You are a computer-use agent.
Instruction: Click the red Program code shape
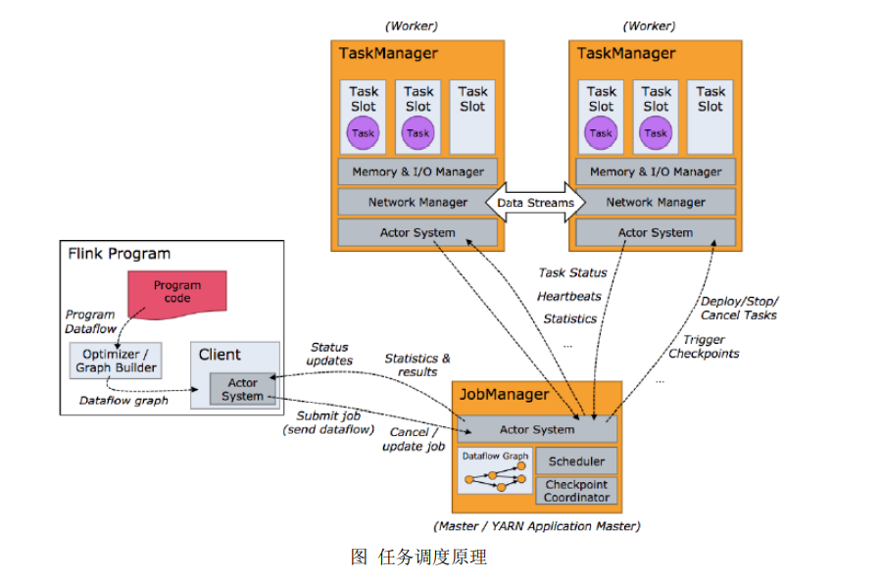pos(177,291)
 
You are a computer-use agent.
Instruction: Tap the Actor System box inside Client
pos(242,389)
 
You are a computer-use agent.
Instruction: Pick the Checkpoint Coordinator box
pos(576,491)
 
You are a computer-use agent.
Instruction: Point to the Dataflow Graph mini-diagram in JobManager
pos(494,471)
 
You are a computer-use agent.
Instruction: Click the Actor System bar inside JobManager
pos(537,429)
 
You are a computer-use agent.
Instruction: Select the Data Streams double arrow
pos(535,203)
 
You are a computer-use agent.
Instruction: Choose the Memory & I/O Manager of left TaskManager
pos(417,171)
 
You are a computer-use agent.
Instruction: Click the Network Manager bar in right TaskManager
pos(655,203)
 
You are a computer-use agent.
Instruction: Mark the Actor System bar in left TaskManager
pos(417,233)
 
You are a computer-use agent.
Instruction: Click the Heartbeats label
pos(569,296)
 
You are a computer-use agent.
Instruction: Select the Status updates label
pos(330,354)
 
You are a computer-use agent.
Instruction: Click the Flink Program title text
pos(119,254)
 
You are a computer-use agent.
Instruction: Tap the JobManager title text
pos(501,395)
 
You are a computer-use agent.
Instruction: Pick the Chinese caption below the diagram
pos(418,557)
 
